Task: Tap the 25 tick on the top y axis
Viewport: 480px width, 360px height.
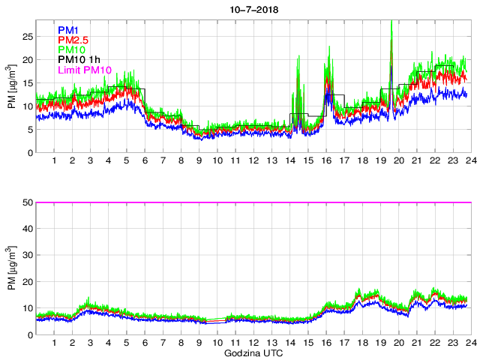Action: pyautogui.click(x=27, y=36)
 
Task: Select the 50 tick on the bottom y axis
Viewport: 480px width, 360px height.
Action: pyautogui.click(x=27, y=202)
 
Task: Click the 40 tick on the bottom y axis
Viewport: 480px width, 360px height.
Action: pyautogui.click(x=27, y=229)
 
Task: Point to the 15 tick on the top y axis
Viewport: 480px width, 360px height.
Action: pyautogui.click(x=27, y=82)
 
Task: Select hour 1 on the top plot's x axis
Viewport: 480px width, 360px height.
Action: pyautogui.click(x=55, y=160)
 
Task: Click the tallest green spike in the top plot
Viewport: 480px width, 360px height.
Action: pyautogui.click(x=392, y=22)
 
